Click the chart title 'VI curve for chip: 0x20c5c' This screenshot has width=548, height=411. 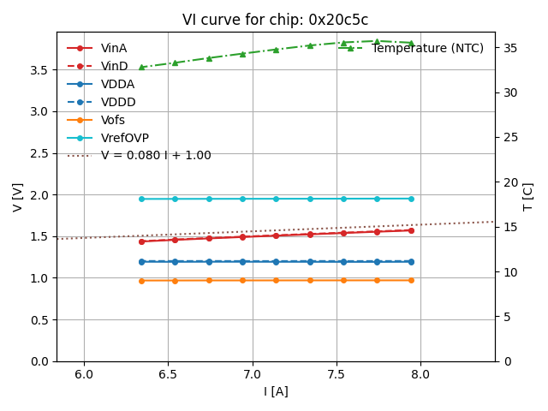[x=275, y=20]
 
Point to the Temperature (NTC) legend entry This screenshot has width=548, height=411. [x=427, y=48]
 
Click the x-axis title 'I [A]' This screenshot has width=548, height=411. [x=275, y=391]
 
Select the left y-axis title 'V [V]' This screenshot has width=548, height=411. [x=18, y=197]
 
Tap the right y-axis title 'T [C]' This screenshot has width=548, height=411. [x=528, y=197]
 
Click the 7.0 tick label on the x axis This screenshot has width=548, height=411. [x=252, y=374]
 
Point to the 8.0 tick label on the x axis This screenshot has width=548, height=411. [x=420, y=374]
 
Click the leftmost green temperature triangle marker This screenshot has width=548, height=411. [x=141, y=67]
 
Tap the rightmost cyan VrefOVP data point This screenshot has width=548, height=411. [x=411, y=199]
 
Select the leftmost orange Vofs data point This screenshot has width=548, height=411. [x=141, y=280]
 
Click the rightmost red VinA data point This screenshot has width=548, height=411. [x=411, y=230]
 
